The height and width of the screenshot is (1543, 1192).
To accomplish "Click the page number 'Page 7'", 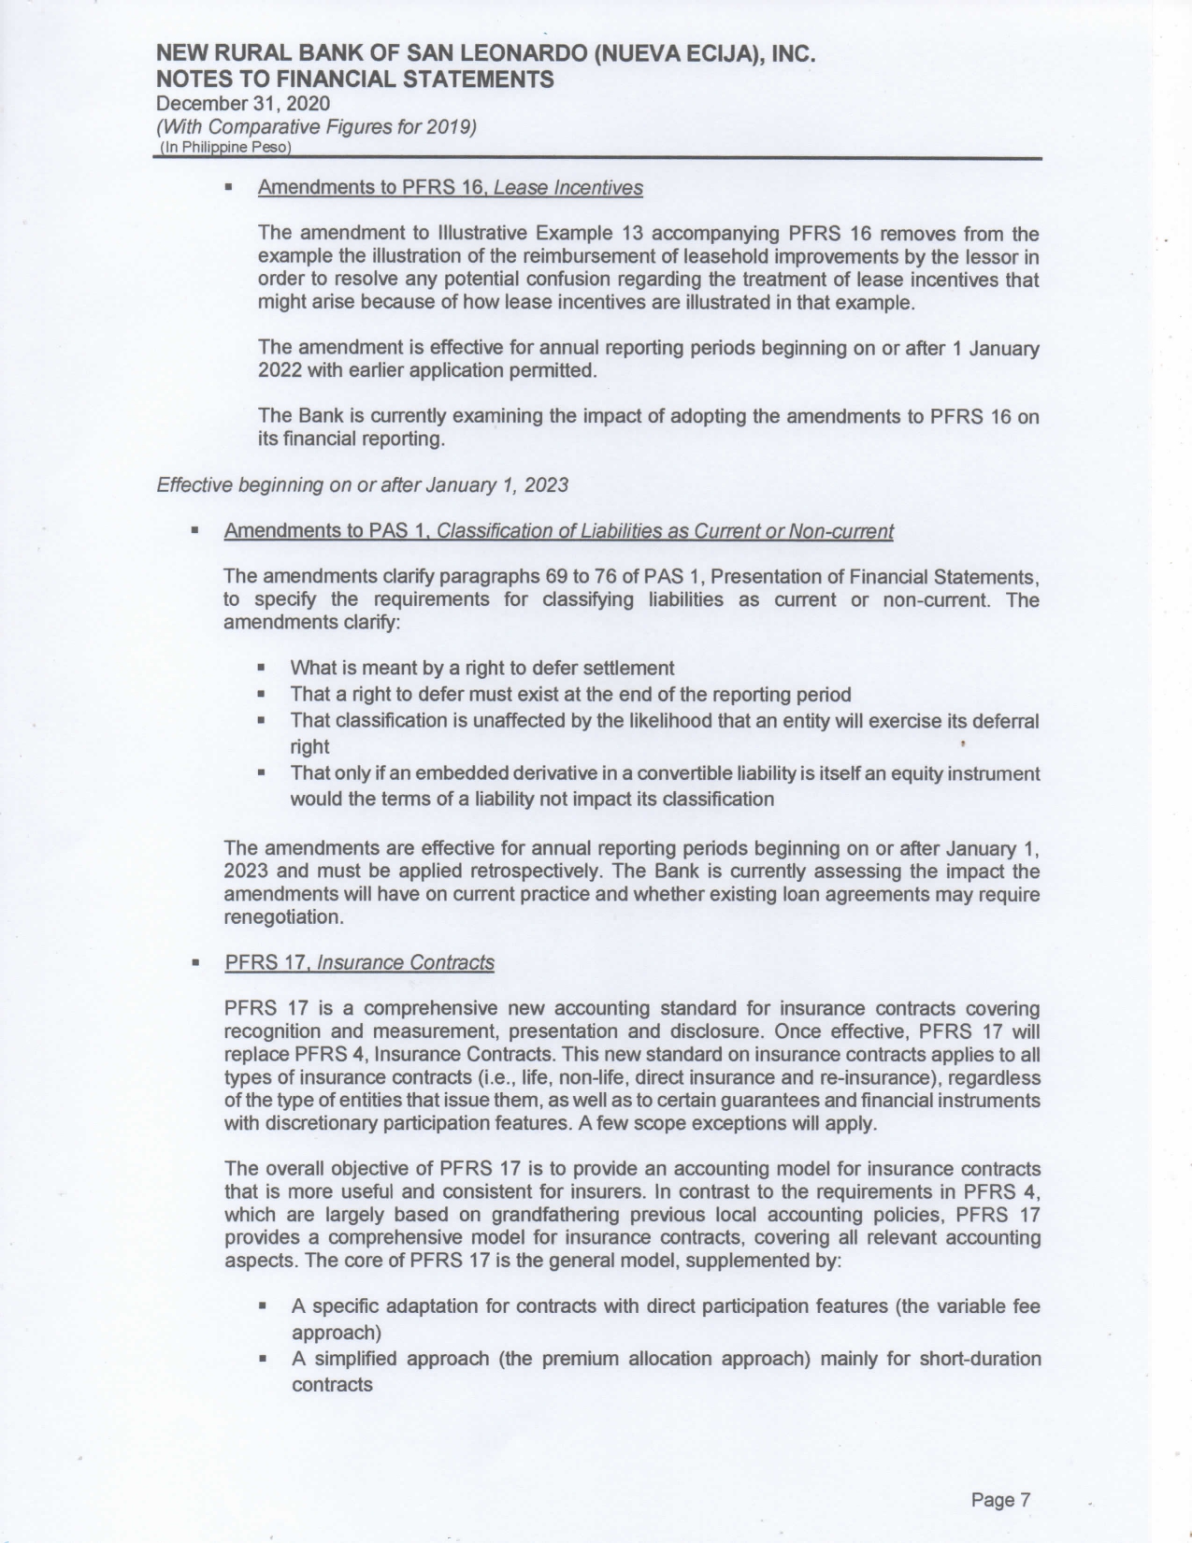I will point(1000,1500).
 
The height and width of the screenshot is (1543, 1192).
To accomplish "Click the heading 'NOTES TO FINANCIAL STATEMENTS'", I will point(354,79).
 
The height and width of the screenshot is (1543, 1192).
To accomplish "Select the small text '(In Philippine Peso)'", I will point(225,148).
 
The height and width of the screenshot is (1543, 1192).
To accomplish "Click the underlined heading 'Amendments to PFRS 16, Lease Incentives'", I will point(450,188).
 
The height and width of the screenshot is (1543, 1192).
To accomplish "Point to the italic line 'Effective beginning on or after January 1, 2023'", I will point(363,484).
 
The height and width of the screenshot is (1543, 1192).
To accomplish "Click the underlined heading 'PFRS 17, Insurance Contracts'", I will point(359,962).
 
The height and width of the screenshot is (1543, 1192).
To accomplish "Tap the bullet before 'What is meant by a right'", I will point(263,669).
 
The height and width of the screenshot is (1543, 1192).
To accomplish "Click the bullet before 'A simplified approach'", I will point(263,1359).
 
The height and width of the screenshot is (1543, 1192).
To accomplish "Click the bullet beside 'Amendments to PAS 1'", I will point(195,531).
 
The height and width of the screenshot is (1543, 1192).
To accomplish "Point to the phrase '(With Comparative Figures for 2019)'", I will point(317,126).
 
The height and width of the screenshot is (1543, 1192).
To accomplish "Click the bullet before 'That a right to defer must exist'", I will point(263,695).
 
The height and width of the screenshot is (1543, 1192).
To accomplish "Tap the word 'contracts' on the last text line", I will point(332,1384).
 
